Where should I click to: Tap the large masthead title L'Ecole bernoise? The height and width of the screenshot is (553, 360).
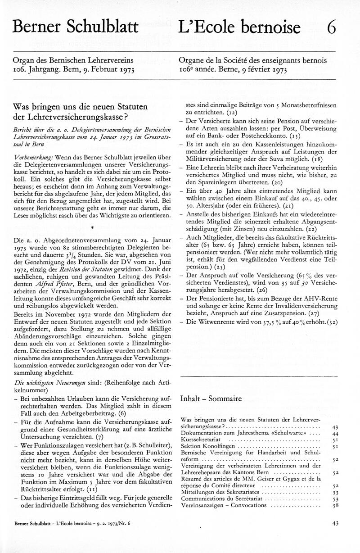(239, 28)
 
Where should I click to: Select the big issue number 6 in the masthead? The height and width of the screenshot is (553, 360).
(331, 28)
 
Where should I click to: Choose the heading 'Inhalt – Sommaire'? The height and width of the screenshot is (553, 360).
(211, 399)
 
